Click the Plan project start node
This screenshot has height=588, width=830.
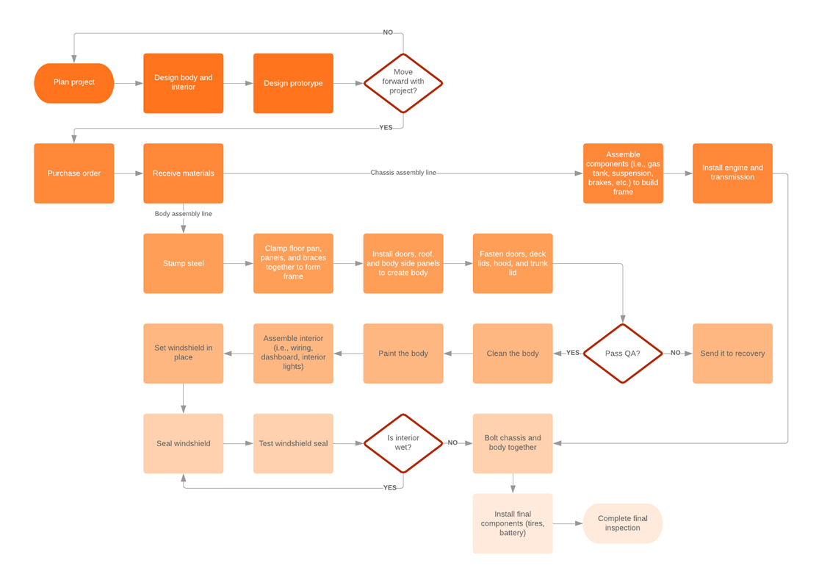(x=73, y=83)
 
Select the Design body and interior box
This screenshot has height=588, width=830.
(x=183, y=83)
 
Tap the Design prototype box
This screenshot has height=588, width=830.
(x=293, y=83)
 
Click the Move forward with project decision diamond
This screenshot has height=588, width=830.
(x=403, y=83)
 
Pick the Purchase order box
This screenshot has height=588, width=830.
(x=73, y=173)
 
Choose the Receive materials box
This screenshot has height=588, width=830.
(x=183, y=173)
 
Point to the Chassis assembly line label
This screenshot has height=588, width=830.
(x=403, y=173)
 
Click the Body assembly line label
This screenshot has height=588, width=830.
(x=183, y=214)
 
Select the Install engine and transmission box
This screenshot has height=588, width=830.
(x=732, y=173)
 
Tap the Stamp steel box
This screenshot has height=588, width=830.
(x=183, y=263)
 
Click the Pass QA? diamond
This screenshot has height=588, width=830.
(x=622, y=354)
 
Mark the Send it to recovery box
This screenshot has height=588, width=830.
(x=732, y=354)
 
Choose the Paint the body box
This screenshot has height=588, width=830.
(x=403, y=354)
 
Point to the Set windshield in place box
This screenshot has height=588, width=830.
(x=183, y=354)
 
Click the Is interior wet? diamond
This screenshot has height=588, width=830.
(x=403, y=443)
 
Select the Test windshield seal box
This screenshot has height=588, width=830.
(x=293, y=443)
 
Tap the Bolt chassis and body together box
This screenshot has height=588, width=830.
(x=513, y=443)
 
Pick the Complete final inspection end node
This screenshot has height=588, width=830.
(x=622, y=523)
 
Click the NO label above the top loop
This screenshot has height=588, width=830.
(x=388, y=32)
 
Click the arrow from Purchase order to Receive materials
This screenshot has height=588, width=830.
(x=129, y=173)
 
